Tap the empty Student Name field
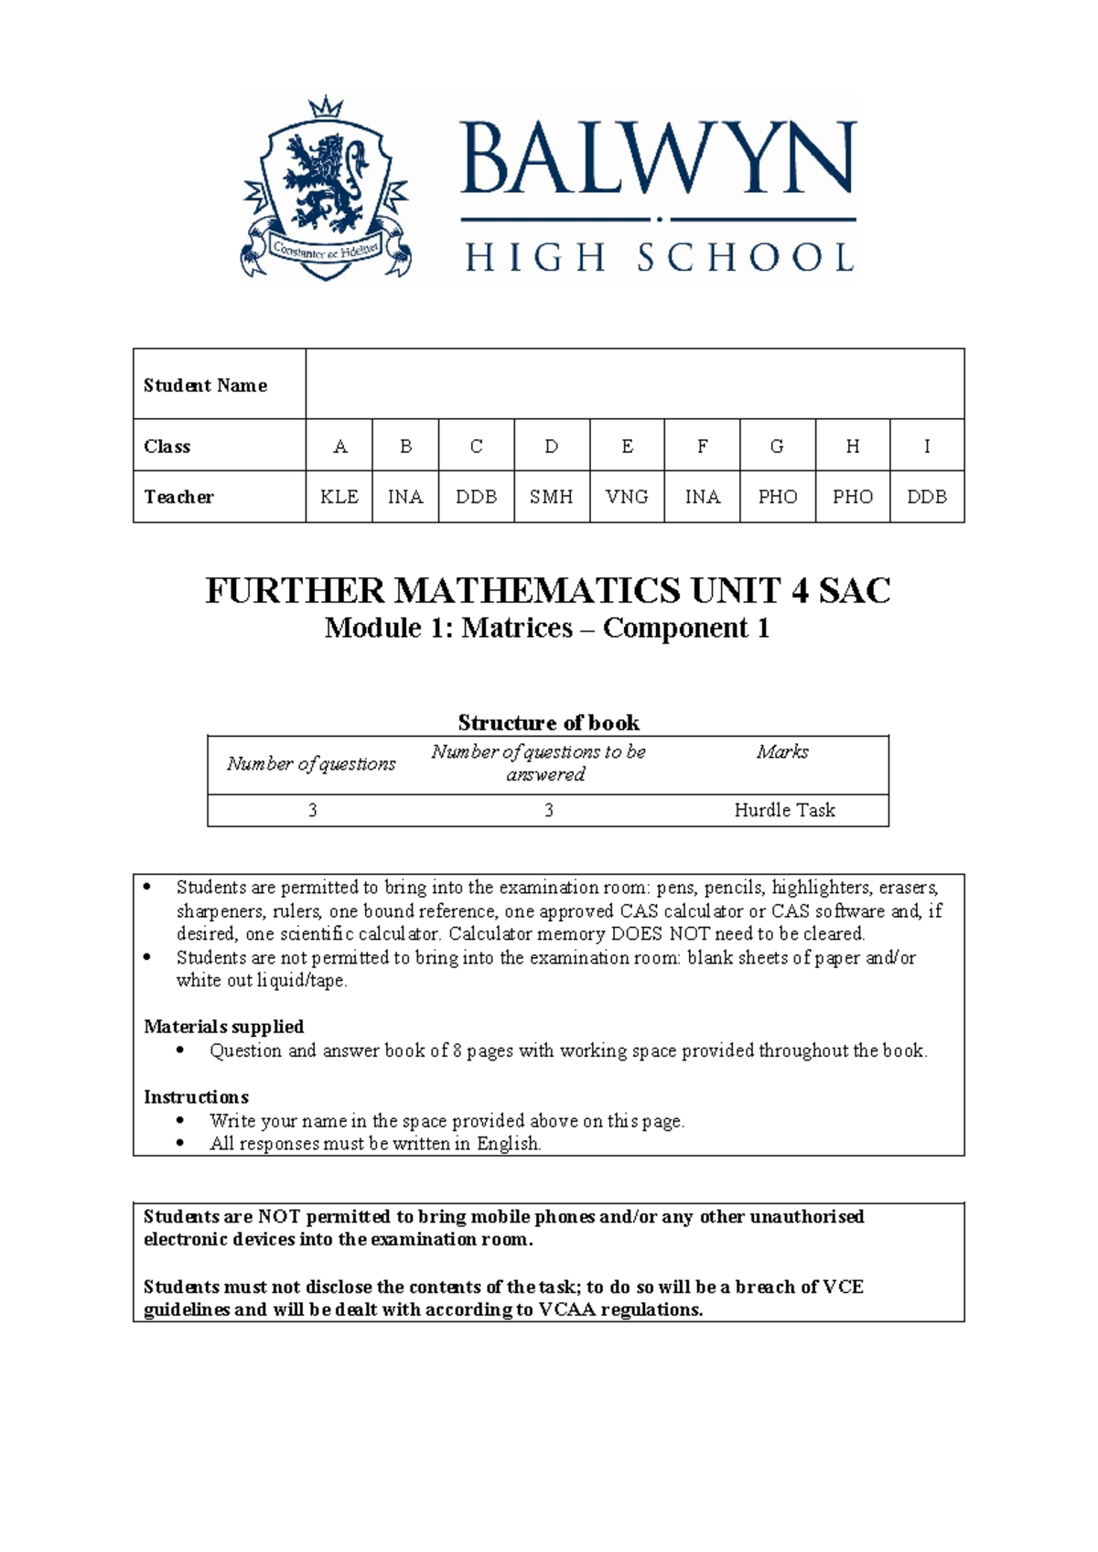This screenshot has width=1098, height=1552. pos(634,384)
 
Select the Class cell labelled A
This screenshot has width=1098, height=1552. pos(339,447)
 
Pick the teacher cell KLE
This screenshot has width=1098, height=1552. pos(339,497)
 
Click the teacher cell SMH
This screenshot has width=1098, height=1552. pos(552,497)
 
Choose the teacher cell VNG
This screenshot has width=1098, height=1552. pos(627,497)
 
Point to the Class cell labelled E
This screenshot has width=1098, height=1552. pos(627,447)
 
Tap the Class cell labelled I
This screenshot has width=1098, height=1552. pos(927,447)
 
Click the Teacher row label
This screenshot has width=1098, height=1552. pos(179,497)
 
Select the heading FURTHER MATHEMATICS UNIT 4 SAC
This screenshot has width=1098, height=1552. pos(548,591)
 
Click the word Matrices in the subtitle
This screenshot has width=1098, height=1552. pos(517,629)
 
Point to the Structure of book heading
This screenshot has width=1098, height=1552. pos(548,723)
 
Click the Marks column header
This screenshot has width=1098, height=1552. pos(782,752)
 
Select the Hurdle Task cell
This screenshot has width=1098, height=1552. pos(784,810)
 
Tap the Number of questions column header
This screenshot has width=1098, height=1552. pos(311,764)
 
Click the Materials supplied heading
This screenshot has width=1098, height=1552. pos(224,1027)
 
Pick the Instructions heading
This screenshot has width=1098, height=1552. pos(196,1096)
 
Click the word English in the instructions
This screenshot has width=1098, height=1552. pos(508,1144)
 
